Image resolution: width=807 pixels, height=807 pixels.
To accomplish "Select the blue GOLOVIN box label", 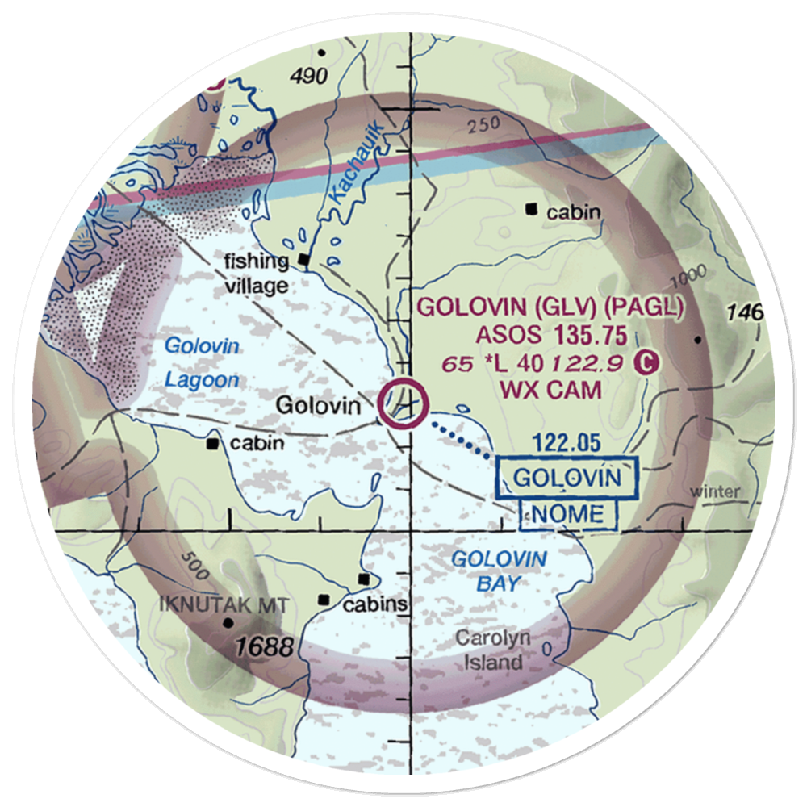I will tap(567, 478).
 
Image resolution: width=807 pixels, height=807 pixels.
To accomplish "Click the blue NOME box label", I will tap(568, 514).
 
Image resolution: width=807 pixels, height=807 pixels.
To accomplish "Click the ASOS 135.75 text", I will tap(551, 335).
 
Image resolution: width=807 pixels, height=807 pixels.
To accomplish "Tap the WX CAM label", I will tap(551, 391).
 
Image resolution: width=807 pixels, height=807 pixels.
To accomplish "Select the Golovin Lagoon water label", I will tap(202, 363).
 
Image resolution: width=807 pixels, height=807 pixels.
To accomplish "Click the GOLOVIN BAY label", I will tap(498, 571).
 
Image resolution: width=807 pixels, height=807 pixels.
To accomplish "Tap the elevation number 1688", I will tap(265, 646).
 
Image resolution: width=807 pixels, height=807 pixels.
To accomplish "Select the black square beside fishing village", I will tap(304, 259).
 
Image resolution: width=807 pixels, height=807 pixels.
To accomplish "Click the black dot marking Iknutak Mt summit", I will tap(229, 622).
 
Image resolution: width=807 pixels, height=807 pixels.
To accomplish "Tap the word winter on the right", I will tap(716, 491).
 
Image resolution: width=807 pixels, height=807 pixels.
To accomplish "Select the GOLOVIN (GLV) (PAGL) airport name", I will tap(550, 307).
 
